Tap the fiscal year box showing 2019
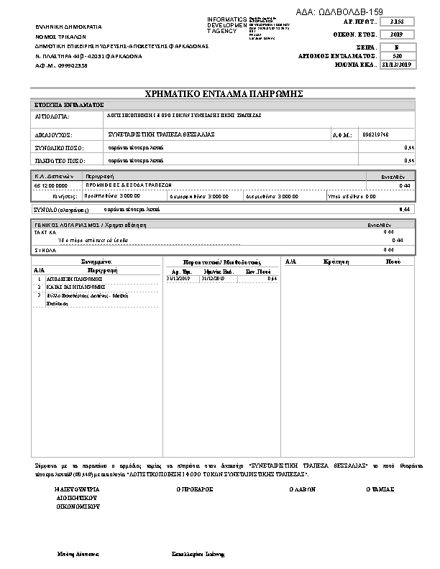point(398,34)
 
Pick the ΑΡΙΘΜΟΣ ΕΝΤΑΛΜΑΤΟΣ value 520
point(398,55)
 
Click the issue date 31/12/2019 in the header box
point(398,65)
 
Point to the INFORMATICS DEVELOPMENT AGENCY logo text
point(226,25)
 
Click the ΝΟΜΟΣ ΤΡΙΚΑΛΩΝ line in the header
point(60,35)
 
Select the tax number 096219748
point(377,134)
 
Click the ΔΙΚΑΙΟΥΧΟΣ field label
point(54,134)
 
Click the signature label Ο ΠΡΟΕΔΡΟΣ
point(195,489)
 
